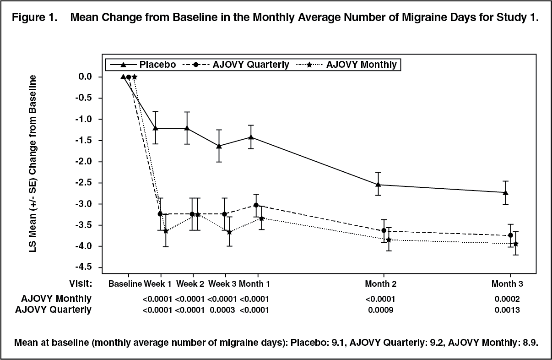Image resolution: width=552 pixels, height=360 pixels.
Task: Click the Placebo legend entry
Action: click(143, 65)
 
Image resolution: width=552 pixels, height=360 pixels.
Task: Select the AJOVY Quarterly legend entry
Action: click(236, 65)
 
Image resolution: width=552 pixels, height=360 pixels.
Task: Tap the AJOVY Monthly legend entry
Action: click(346, 65)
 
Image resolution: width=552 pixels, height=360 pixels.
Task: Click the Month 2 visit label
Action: click(380, 284)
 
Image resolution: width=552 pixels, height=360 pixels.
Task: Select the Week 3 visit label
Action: click(222, 284)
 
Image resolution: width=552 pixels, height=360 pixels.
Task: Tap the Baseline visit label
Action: click(125, 284)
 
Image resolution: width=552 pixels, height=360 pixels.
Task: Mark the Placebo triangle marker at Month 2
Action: click(378, 185)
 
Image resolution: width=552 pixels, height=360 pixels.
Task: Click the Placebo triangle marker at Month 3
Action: click(505, 192)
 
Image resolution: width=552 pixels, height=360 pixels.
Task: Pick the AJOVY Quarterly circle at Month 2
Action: click(384, 230)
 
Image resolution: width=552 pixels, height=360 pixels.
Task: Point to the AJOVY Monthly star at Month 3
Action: click(516, 244)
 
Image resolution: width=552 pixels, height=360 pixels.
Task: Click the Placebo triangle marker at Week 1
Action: click(155, 128)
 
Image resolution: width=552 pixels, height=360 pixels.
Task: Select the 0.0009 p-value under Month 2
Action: click(381, 310)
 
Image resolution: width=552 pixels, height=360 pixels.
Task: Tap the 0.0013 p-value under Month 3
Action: click(507, 310)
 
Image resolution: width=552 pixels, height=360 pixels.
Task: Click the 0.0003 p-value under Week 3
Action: click(222, 310)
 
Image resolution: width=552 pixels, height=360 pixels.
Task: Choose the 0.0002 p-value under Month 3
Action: click(507, 299)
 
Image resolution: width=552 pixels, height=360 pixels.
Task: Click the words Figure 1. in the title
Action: click(34, 17)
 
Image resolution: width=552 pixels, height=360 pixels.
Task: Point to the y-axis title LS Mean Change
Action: click(32, 164)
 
